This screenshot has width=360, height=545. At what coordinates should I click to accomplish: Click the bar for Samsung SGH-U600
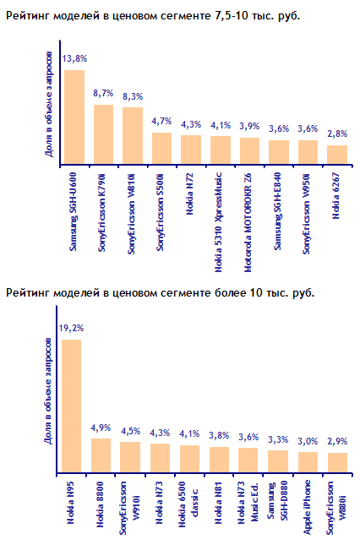point(74,117)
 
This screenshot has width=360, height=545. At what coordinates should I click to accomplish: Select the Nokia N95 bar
point(72,406)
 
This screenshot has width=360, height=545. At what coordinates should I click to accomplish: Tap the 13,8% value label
point(74,59)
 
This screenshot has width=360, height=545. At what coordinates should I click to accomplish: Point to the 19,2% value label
point(71,328)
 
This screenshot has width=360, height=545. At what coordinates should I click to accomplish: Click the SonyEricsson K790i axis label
point(101,212)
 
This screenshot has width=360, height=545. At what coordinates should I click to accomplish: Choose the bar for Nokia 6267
point(337,155)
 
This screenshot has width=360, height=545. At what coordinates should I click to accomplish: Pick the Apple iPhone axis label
point(307,507)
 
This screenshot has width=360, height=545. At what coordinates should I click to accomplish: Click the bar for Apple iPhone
point(308,462)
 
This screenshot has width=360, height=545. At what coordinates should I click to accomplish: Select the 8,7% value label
point(103,93)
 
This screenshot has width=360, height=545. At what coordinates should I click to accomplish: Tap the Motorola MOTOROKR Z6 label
point(248,222)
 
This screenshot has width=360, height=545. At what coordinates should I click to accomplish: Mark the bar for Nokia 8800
point(101,455)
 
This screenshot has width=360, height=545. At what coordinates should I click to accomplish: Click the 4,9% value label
point(101,428)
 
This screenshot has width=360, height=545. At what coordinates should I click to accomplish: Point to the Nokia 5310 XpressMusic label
point(218,222)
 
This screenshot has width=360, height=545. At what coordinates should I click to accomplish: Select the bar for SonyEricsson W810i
point(133,135)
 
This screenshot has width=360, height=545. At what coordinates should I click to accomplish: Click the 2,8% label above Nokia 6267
point(337,134)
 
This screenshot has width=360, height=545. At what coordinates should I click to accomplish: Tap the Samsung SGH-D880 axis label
point(278,501)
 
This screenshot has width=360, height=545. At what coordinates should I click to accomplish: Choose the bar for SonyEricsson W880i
point(338,463)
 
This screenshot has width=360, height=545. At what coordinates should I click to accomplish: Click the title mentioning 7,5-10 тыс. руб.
point(153,16)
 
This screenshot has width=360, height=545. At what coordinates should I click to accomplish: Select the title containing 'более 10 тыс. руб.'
point(160,293)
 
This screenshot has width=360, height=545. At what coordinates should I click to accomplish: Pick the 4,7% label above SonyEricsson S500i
point(161,122)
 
